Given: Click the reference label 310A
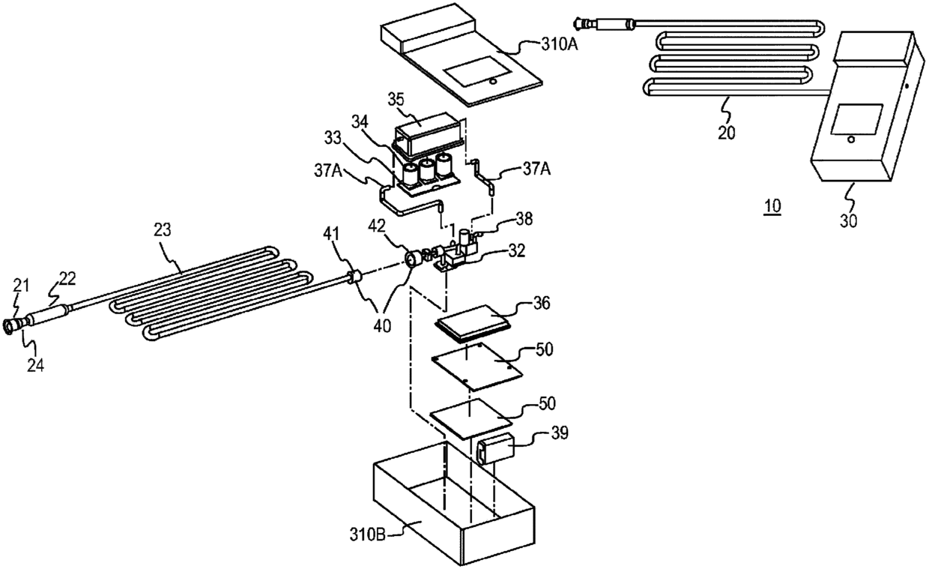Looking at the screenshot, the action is tap(560, 44).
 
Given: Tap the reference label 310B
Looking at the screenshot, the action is tap(368, 535).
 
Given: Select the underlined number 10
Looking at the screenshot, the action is tap(772, 206).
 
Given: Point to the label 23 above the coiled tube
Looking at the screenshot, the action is tap(162, 230).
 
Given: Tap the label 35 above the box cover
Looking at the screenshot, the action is tap(396, 100).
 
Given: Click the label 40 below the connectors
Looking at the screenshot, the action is tap(382, 327).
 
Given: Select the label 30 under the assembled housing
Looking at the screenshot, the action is tap(848, 221).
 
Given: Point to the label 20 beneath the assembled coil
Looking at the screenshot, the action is tap(726, 133).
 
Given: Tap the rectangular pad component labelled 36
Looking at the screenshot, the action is tap(470, 324).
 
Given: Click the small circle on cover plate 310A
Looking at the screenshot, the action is tap(492, 82).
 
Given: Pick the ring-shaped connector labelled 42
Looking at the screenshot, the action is tap(412, 259).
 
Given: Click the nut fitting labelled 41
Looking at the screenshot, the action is tap(353, 277).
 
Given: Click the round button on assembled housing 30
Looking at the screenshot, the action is tap(850, 140).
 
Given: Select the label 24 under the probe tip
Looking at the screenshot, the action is tap(36, 365).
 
